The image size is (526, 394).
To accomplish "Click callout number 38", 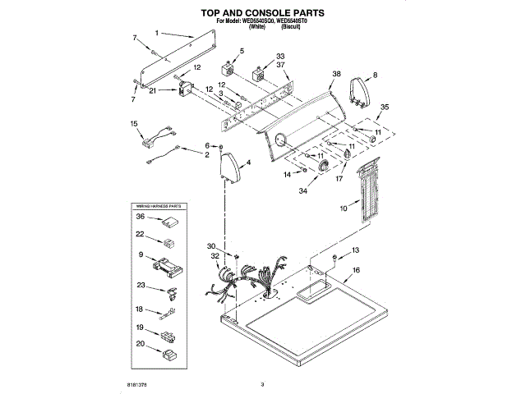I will click(x=335, y=73).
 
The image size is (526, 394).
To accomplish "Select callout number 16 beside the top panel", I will click(x=356, y=270).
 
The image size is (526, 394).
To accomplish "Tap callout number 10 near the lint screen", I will click(x=344, y=209).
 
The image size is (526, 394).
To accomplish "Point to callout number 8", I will click(x=375, y=75).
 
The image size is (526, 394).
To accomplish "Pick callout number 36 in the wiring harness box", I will click(x=141, y=217).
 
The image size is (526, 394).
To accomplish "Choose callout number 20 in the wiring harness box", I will click(x=141, y=344).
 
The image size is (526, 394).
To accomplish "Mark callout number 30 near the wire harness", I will click(x=210, y=247).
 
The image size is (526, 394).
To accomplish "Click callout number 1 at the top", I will click(x=155, y=34).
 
